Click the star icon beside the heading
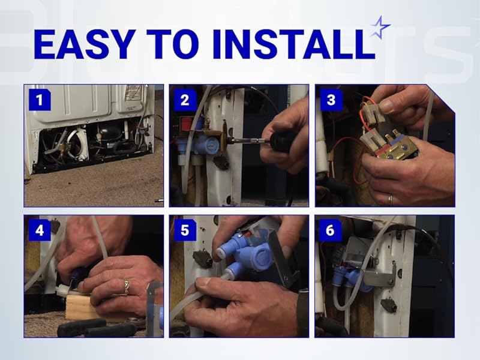[380, 27]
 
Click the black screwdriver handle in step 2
[281, 143]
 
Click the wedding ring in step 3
[389, 197]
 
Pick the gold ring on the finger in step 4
[127, 287]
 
